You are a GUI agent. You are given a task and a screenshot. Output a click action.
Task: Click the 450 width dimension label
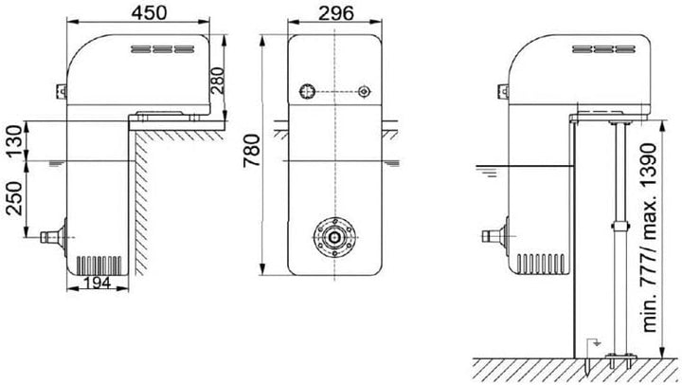click(149, 12)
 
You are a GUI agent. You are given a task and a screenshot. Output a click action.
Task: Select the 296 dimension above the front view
click(335, 13)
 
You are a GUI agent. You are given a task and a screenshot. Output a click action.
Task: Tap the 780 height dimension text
click(252, 150)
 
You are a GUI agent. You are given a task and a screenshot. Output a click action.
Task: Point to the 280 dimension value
click(217, 81)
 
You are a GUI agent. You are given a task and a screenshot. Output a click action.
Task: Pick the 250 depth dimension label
click(14, 198)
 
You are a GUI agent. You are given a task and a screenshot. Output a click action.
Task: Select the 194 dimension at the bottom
click(97, 284)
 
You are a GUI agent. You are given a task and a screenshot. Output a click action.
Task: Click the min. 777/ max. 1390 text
click(649, 238)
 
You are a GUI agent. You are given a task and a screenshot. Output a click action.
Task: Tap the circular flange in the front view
click(334, 237)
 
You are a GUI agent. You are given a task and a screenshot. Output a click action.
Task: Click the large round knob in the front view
click(307, 91)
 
